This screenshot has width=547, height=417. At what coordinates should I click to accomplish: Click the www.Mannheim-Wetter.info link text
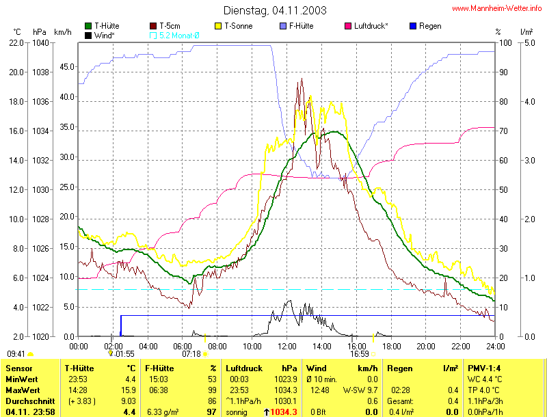(x=498, y=8)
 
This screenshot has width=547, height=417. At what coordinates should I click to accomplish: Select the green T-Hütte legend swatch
(x=89, y=26)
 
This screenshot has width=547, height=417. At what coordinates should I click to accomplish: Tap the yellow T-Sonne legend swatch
(x=219, y=26)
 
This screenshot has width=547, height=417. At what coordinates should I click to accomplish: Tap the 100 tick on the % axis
(x=505, y=42)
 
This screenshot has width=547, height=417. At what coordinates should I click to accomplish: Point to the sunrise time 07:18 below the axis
(x=191, y=354)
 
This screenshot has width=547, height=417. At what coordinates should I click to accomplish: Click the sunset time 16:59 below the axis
(x=360, y=354)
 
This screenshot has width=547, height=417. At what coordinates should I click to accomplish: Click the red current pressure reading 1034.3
(x=284, y=412)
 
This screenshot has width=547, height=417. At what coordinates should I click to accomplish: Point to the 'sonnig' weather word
(x=237, y=412)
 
